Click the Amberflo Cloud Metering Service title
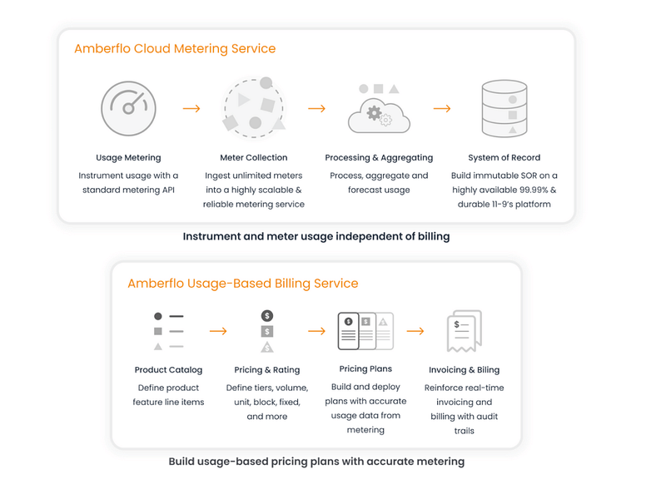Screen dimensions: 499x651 (x=175, y=48)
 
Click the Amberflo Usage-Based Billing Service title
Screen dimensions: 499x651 (x=242, y=284)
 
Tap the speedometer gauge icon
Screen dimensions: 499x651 (x=128, y=108)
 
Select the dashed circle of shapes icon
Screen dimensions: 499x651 (x=253, y=108)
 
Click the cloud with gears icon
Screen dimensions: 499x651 (x=379, y=111)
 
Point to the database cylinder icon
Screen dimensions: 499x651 (x=504, y=109)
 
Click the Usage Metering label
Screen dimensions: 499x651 (x=128, y=157)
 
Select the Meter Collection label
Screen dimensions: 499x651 (x=253, y=157)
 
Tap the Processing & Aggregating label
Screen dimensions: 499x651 (x=379, y=157)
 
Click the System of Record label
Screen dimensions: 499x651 (x=504, y=157)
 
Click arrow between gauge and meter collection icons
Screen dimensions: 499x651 (x=191, y=108)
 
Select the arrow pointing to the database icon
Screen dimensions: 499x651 (x=442, y=108)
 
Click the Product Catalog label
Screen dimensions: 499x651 (x=168, y=370)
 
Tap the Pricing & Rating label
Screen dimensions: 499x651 (x=266, y=370)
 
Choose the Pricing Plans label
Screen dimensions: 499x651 (x=365, y=368)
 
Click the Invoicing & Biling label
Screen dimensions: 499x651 (x=464, y=370)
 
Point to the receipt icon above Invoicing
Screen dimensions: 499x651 (x=464, y=331)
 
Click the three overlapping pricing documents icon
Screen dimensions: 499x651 (x=365, y=331)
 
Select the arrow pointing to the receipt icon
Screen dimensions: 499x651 (x=415, y=331)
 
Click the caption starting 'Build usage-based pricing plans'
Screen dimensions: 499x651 (x=316, y=461)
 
